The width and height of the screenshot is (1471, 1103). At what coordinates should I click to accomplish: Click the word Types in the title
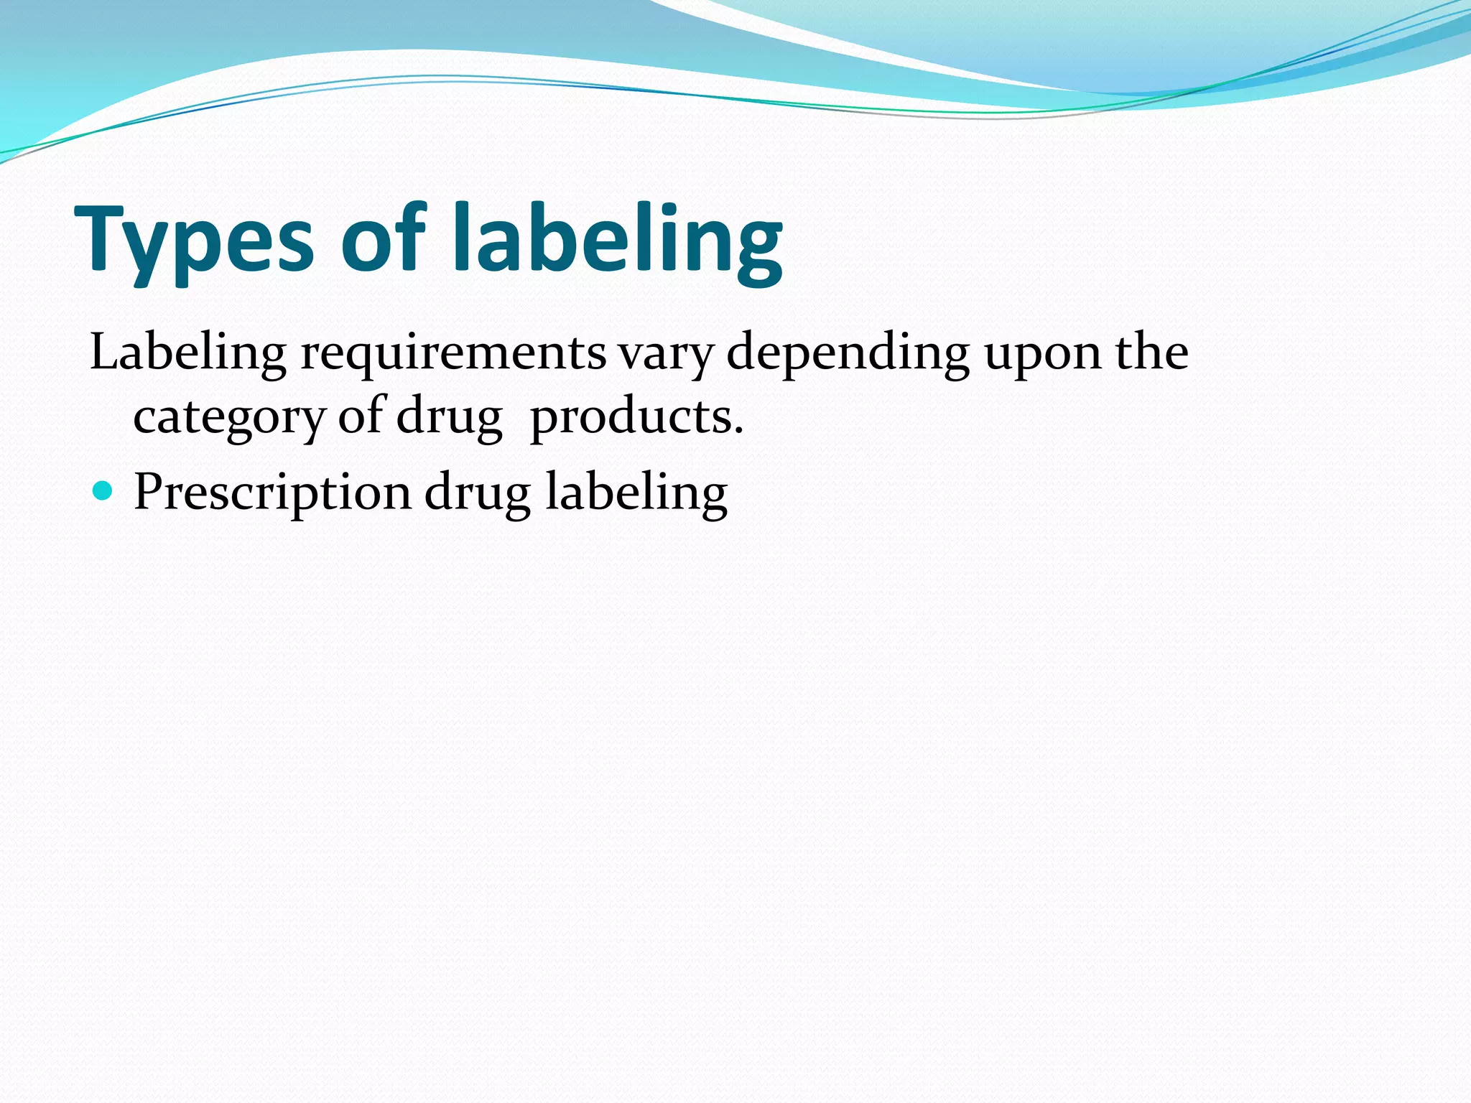(194, 241)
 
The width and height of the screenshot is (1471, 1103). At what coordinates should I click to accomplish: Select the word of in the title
(384, 237)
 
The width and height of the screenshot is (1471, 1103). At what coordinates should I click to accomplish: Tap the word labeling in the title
(618, 241)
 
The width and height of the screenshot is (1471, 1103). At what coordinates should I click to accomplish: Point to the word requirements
(453, 353)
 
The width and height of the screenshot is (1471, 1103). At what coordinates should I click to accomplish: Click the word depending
(848, 353)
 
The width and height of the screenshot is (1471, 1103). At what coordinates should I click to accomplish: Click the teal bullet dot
(103, 491)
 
